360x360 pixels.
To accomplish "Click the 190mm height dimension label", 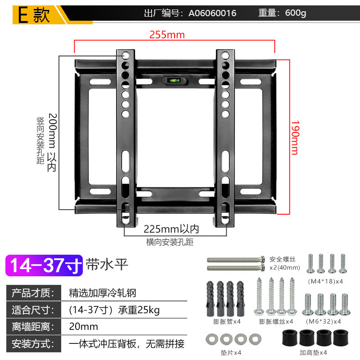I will (x=294, y=137).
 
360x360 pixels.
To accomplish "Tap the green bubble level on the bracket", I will (x=173, y=81).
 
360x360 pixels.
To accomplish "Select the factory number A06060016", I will (x=212, y=13).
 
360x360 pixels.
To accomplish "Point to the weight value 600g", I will (x=296, y=13).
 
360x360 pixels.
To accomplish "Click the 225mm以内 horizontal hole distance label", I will (x=171, y=229).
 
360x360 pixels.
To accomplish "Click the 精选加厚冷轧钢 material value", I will (x=102, y=293).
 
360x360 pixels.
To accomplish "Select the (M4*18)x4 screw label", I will (x=326, y=281).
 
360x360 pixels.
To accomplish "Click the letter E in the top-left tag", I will (x=22, y=15).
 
